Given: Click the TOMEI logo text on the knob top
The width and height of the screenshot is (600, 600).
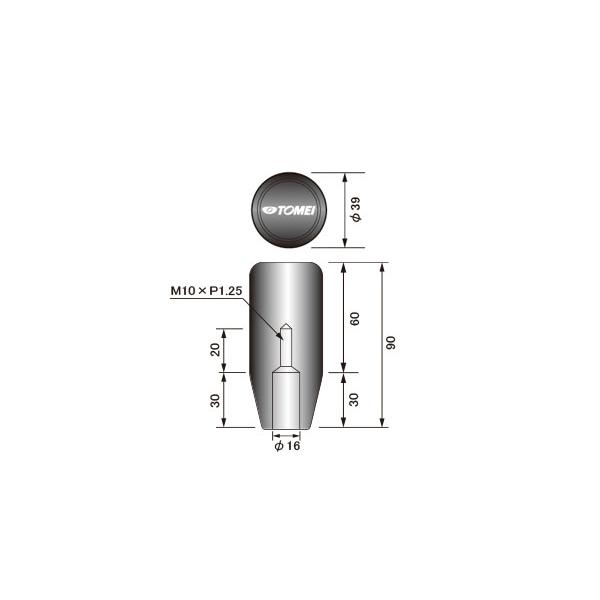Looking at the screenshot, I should point(298,210).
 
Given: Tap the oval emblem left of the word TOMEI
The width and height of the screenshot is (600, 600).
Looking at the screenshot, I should point(271,210).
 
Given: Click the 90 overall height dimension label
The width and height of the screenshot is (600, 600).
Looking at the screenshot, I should point(393,343).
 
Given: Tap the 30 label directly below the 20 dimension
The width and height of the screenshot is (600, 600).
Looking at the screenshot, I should point(215,399).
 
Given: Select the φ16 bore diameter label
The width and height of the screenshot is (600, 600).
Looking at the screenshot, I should point(287,447).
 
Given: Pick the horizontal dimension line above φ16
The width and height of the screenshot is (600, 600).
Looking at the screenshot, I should point(285,435).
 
